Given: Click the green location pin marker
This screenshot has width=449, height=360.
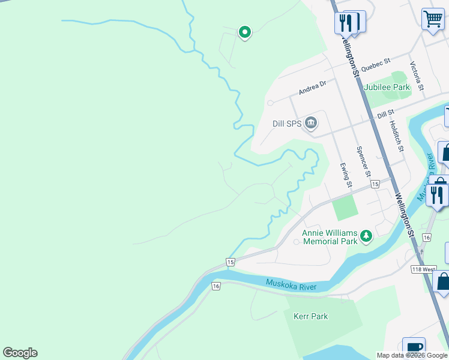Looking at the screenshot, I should [x=244, y=32].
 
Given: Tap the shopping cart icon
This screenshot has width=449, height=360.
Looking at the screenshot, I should [x=432, y=19].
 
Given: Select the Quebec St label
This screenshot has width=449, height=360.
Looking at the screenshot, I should [x=376, y=62].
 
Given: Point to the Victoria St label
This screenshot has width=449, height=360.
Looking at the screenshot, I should [x=417, y=76].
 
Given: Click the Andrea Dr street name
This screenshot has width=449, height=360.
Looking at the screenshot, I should [x=312, y=88].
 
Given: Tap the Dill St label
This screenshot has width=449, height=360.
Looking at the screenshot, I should [x=385, y=112].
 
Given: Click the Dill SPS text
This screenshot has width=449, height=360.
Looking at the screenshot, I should [x=286, y=124].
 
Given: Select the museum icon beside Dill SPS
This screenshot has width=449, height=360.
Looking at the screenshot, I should [x=311, y=124].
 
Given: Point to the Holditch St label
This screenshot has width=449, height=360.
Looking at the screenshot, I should [x=397, y=135].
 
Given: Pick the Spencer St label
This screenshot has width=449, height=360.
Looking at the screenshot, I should [x=363, y=162].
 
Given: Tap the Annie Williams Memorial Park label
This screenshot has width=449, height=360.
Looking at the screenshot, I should [x=330, y=237].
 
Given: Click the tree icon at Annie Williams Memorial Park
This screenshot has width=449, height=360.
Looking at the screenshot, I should [x=366, y=236].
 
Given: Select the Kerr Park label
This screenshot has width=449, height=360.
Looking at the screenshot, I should [x=310, y=316].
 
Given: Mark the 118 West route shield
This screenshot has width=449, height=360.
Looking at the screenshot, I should [x=424, y=269].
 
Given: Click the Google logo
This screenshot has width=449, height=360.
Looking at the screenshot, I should [x=20, y=353].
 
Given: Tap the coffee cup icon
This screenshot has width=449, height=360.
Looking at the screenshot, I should [x=414, y=347].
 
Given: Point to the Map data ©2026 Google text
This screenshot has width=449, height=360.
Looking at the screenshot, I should [x=412, y=355].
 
